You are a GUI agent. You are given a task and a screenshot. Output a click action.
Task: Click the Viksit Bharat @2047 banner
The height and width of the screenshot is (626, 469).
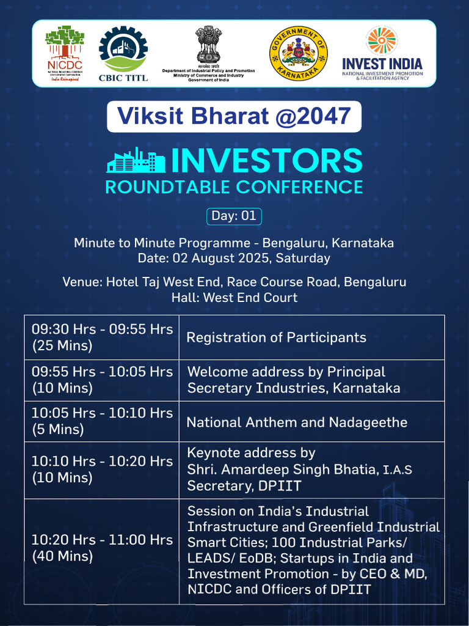pos(234,116)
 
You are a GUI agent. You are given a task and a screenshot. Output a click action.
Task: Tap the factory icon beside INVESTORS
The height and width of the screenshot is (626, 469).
pos(136,160)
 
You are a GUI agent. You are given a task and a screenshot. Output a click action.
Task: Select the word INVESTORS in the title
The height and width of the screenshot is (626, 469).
pos(266,160)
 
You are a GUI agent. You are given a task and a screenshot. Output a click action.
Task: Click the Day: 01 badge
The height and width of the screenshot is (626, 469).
pos(234,216)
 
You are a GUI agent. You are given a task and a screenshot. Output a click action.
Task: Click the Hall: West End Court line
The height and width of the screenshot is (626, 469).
pos(234,298)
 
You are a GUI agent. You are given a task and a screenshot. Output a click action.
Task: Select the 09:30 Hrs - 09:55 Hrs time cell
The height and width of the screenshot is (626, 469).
pos(102,337)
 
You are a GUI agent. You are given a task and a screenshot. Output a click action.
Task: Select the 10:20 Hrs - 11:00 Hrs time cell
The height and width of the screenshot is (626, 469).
pos(102,548)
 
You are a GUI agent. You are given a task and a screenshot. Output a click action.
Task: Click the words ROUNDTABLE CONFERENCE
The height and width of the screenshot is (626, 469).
pos(234,186)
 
